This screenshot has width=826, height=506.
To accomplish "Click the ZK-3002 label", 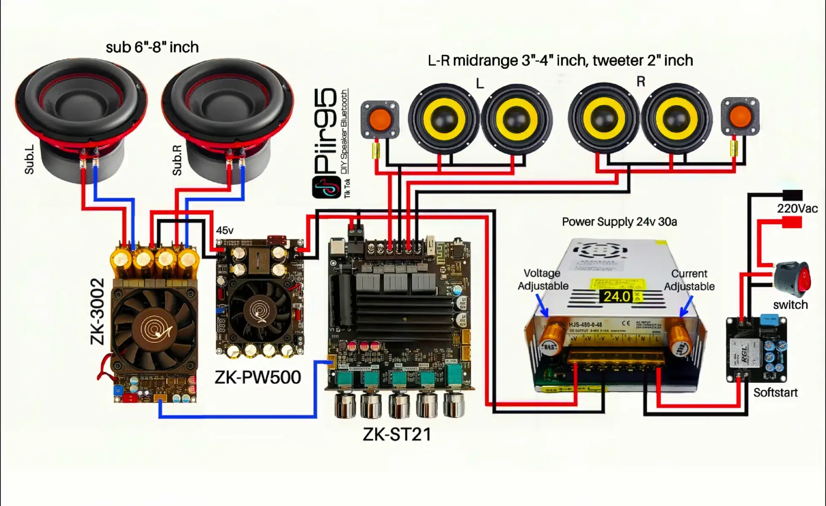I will pyautogui.click(x=97, y=311).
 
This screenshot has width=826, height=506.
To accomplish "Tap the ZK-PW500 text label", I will pyautogui.click(x=258, y=377).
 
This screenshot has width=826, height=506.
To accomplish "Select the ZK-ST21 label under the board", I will pyautogui.click(x=397, y=434).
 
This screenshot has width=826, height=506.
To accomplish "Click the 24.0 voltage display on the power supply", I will pyautogui.click(x=617, y=296).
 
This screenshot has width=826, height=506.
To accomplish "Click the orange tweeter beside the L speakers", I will pyautogui.click(x=380, y=119).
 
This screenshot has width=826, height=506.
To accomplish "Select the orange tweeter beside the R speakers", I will pyautogui.click(x=740, y=116).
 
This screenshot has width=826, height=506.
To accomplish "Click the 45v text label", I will pyautogui.click(x=225, y=230).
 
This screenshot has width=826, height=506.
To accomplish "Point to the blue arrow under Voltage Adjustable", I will pyautogui.click(x=542, y=305).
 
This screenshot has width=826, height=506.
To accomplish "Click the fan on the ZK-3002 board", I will pyautogui.click(x=154, y=327).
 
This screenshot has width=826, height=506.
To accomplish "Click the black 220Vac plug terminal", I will pyautogui.click(x=792, y=195).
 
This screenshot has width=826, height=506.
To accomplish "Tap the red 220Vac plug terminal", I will pyautogui.click(x=792, y=222).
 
